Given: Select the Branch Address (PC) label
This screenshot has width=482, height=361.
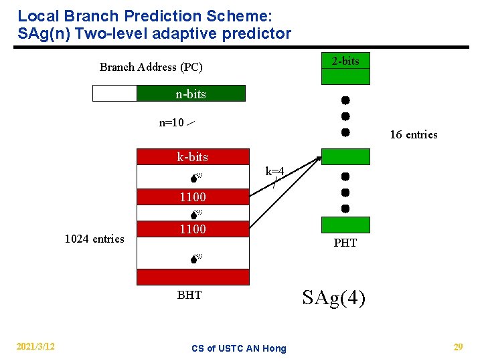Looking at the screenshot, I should (x=151, y=67).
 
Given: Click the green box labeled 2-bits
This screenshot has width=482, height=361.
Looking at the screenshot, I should (x=345, y=61).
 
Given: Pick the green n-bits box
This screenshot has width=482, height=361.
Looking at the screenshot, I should (x=191, y=94).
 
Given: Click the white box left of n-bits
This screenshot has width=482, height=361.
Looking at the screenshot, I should (x=114, y=94).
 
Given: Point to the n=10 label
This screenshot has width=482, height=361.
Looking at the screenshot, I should (x=171, y=122).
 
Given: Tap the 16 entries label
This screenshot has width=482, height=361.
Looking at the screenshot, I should (x=413, y=134).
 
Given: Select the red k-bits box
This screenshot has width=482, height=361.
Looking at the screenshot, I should (x=193, y=157).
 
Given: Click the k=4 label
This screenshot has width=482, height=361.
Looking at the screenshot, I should (x=274, y=172).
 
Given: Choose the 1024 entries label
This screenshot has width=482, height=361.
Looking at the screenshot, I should (x=94, y=239).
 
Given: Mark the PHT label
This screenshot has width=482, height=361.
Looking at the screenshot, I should (x=345, y=243).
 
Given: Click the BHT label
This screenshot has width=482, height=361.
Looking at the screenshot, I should (x=189, y=295).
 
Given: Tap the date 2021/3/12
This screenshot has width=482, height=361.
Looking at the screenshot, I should (x=35, y=346).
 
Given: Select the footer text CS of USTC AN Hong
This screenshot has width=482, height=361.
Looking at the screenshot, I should (x=238, y=348).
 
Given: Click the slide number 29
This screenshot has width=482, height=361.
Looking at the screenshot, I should (x=458, y=346).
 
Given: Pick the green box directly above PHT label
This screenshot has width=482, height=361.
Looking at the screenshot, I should (x=345, y=225).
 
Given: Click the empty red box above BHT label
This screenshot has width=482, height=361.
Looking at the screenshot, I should (x=193, y=277).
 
